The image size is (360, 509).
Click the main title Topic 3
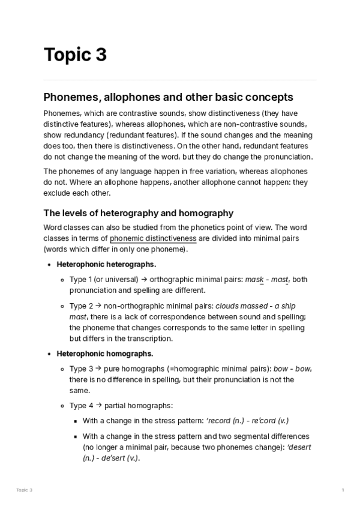pyautogui.click(x=75, y=55)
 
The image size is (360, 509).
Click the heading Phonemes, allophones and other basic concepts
pyautogui.click(x=168, y=97)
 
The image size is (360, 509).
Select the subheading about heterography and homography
pyautogui.click(x=138, y=213)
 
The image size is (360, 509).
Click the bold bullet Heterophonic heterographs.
pyautogui.click(x=106, y=264)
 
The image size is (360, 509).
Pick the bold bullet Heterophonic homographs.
pyautogui.click(x=104, y=354)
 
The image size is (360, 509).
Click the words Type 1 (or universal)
pyautogui.click(x=104, y=279)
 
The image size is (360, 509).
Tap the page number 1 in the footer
pyautogui.click(x=343, y=490)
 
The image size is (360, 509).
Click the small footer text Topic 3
pyautogui.click(x=24, y=490)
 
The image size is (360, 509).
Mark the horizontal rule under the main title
pyautogui.click(x=180, y=80)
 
